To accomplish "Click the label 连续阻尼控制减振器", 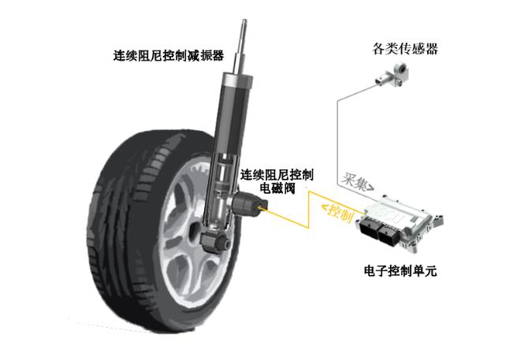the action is [x=169, y=55].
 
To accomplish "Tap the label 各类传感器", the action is [x=405, y=49].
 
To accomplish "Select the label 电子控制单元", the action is [x=400, y=270].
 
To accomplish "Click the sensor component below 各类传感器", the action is [x=392, y=75].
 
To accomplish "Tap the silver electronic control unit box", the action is [x=401, y=223].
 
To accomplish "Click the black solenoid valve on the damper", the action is [x=249, y=205].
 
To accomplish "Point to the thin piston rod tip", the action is [x=244, y=21].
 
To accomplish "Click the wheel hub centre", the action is [x=195, y=232].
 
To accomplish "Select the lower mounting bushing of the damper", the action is [x=215, y=240].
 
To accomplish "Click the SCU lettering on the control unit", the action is [x=393, y=215].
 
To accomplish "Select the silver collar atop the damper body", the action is [x=236, y=81].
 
